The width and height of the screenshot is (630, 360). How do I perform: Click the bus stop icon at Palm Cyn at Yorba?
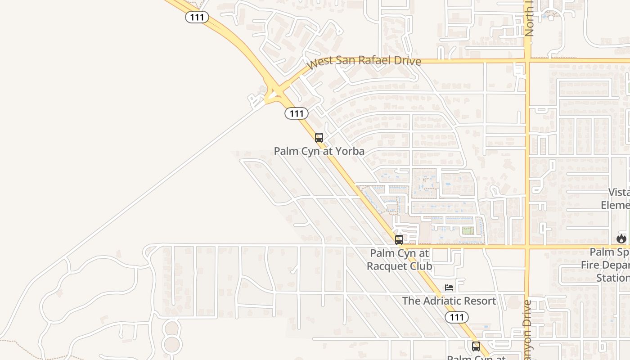[319, 138]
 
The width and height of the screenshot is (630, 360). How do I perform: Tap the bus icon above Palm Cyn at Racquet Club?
[399, 240]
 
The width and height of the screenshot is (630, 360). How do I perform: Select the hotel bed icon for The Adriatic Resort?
[449, 287]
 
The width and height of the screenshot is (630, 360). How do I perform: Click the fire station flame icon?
[621, 238]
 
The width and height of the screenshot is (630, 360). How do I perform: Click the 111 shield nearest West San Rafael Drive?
[297, 113]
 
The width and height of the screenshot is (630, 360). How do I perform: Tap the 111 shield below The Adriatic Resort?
[457, 317]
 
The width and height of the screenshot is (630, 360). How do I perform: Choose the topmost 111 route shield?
[197, 18]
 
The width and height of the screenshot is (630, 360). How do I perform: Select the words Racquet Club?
[399, 266]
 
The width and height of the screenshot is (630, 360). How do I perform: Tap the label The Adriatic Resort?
[449, 301]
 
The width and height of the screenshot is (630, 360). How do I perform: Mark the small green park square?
[468, 231]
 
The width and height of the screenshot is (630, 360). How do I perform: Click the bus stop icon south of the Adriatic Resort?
[476, 346]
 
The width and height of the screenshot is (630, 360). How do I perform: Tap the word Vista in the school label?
[619, 192]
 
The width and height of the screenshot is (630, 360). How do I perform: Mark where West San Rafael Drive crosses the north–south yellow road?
[527, 60]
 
